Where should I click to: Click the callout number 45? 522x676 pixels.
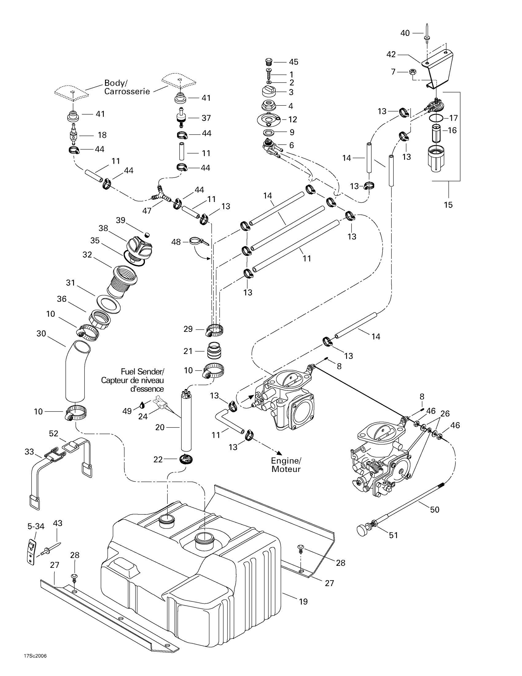coord(294,62)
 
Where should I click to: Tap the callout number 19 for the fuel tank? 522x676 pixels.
coord(303,601)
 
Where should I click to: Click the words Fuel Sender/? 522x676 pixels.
coord(142,371)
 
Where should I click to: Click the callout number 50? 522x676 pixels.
coord(434,509)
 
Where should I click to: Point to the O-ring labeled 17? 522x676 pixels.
coord(436,118)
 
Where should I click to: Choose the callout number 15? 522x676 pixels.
coord(448,205)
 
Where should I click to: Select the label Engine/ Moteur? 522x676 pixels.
coord(286,465)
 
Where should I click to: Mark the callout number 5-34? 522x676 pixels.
coord(36,526)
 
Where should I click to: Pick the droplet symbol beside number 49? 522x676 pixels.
coord(142,405)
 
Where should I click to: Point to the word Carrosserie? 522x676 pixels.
coord(127,92)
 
